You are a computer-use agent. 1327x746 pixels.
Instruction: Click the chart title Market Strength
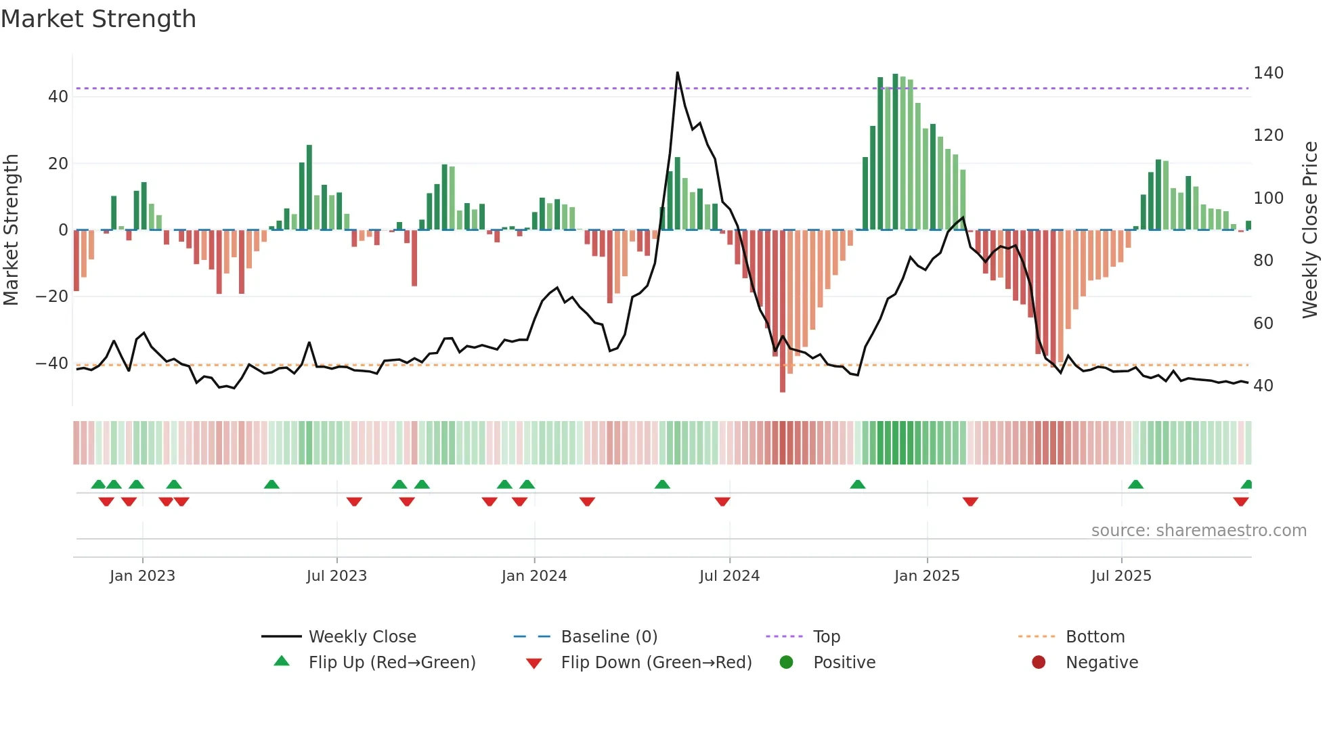[x=98, y=19]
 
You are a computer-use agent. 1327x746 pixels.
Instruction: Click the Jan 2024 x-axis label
[x=534, y=576]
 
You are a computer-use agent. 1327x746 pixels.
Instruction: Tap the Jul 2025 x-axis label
[x=1121, y=576]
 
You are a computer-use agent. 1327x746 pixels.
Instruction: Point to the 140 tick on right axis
[x=1267, y=73]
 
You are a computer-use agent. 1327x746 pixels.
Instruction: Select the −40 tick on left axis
[x=52, y=364]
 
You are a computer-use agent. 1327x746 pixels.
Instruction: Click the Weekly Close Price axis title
[x=1310, y=230]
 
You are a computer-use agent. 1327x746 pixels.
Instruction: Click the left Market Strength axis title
[x=12, y=230]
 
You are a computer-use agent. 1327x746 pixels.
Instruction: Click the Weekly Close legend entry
[x=362, y=637]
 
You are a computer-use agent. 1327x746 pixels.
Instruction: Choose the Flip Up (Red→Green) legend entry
[x=391, y=663]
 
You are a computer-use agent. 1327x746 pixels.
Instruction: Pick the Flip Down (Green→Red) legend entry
[x=655, y=663]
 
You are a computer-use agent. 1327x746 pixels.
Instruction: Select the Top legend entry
[x=826, y=637]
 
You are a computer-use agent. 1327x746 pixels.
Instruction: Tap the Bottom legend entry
[x=1094, y=637]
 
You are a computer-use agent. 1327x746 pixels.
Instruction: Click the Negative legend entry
[x=1101, y=663]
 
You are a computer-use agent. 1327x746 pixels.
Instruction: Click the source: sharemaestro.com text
[x=1198, y=531]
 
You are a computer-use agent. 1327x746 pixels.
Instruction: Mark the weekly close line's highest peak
[x=677, y=72]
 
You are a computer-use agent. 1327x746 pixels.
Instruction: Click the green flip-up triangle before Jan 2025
[x=857, y=485]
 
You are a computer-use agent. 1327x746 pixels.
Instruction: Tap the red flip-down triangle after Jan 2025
[x=970, y=502]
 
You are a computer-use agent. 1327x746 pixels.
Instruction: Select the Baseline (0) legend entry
[x=609, y=637]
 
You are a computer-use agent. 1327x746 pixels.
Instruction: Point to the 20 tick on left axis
[x=58, y=163]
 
